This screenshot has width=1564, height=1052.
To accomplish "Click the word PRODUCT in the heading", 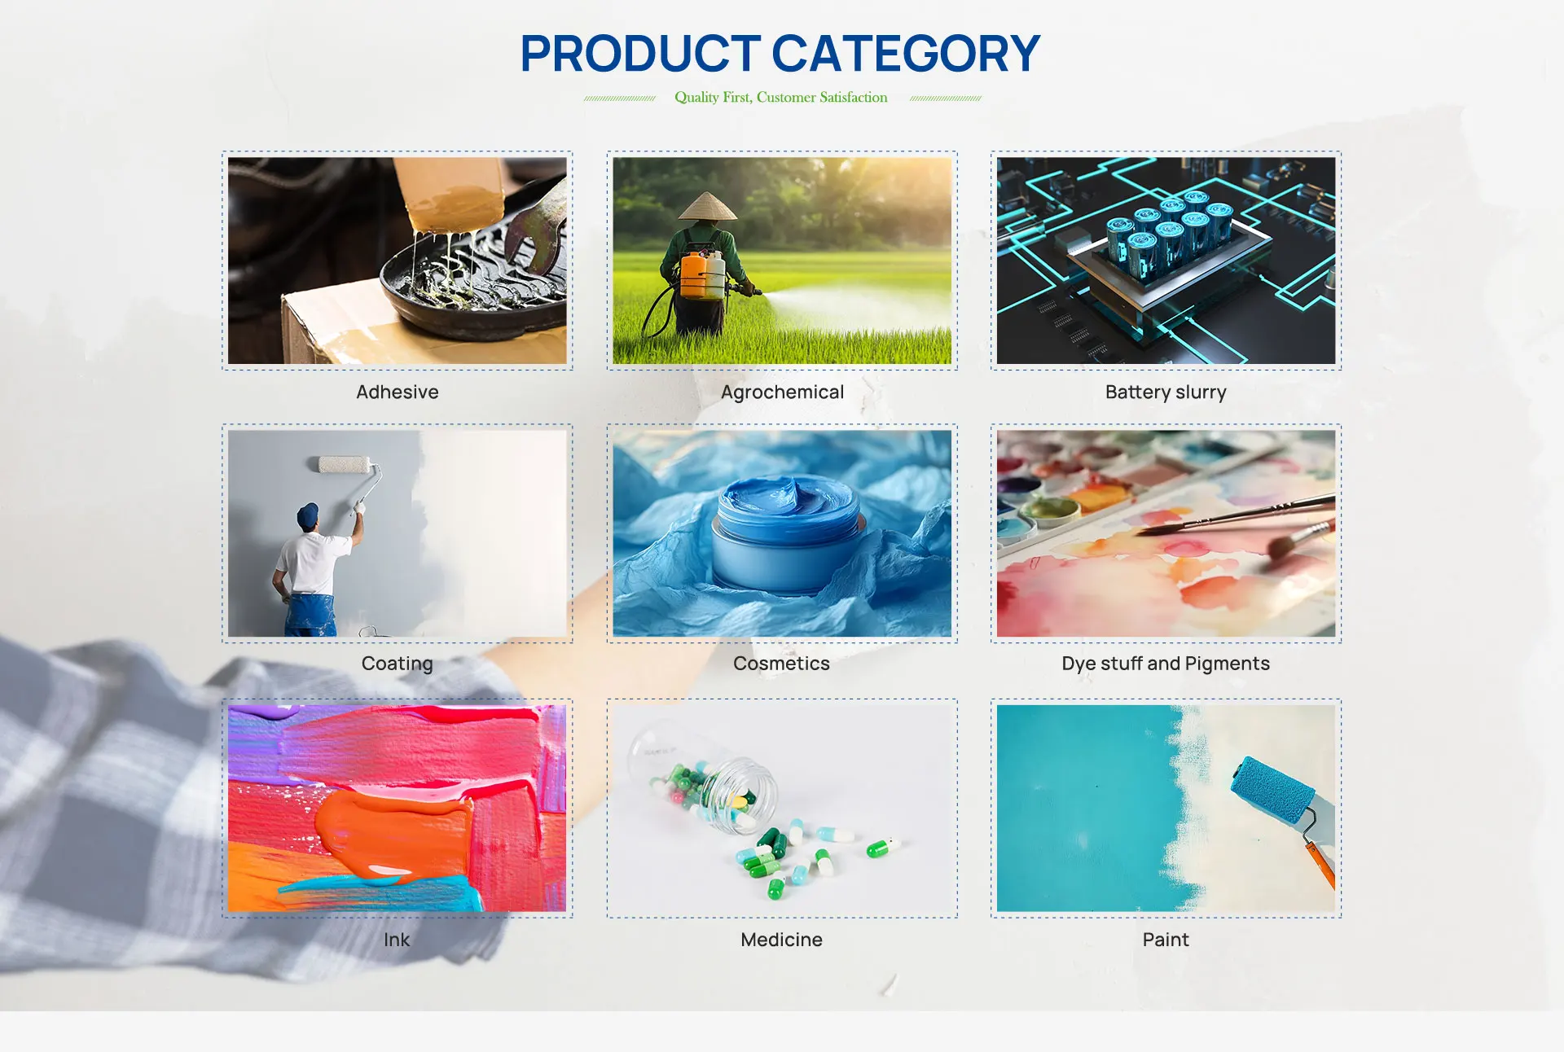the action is pos(640,54).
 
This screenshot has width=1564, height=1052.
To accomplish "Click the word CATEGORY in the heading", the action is pos(906,54).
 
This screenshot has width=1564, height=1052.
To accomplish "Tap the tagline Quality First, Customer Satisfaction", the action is pos(781,98).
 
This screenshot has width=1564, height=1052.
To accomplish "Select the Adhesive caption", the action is pos(398,392).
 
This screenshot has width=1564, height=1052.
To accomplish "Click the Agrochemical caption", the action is pos(782,392).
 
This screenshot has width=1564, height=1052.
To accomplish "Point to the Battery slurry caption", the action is pos(1166,392).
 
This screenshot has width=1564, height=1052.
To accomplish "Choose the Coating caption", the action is pos(398,664).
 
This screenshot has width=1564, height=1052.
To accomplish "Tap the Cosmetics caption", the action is pos(782,664).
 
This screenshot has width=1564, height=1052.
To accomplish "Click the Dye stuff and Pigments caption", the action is pos(1166,664).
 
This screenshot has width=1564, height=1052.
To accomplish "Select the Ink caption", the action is pos(398,940).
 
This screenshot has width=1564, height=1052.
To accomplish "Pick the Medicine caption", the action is pos(782,940).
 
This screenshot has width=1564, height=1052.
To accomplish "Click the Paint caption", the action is pos(1166,940).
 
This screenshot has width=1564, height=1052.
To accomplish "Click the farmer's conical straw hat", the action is pos(708,207).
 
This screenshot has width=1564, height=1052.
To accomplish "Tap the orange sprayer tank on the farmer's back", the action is pos(694,276).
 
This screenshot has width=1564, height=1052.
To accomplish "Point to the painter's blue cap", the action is pos(307,515).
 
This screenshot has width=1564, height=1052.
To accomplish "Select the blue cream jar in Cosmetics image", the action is pos(785,535).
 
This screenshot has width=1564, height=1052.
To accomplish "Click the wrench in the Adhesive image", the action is pos(538,224).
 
